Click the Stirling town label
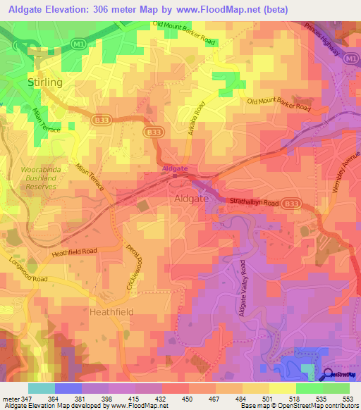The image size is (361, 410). pos(45,82)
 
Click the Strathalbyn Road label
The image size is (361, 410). pos(255,202)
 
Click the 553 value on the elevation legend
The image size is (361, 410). pos(349,399)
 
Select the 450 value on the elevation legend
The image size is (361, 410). pos(188,399)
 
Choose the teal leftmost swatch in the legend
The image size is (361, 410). pos(41,388)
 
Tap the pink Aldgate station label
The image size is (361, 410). pos(175,169)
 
